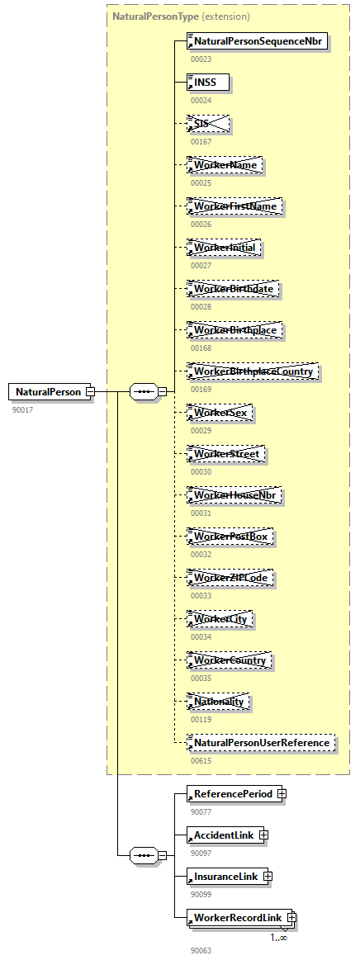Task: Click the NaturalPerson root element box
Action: point(47,391)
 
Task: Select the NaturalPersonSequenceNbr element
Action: point(258,40)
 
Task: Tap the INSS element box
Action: point(207,82)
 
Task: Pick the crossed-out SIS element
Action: point(207,123)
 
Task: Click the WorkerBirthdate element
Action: point(234,289)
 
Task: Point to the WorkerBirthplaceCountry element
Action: point(253,371)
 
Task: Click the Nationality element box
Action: point(219,702)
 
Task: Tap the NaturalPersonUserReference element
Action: point(261,743)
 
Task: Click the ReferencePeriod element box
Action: point(233,794)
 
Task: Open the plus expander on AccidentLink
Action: point(263,835)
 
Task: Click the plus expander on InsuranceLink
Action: point(267,875)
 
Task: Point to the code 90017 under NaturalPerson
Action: point(22,409)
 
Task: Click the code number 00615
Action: point(201,761)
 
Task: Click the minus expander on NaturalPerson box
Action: point(90,391)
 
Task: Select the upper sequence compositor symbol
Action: point(144,391)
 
